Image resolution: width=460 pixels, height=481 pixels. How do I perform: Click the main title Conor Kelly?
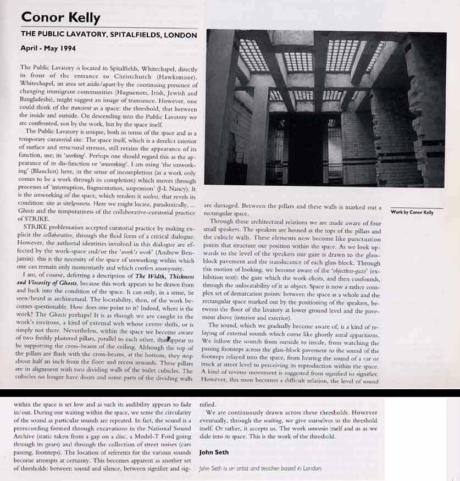[x=60, y=17]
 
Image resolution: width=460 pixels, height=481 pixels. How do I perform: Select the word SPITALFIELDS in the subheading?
[x=133, y=35]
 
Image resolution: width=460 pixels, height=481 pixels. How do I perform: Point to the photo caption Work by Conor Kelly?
[x=412, y=212]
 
